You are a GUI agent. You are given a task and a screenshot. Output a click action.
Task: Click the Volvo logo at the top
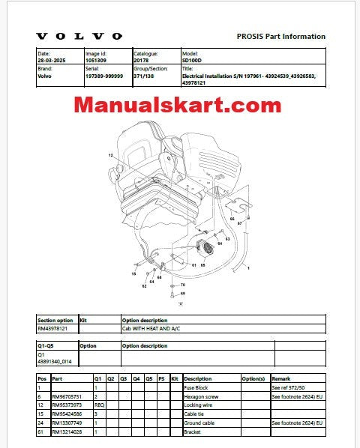79,36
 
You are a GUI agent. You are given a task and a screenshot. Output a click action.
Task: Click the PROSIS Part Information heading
280,36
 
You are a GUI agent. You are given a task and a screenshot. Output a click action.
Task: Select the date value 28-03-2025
51,60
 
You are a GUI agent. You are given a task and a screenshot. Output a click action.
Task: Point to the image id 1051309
97,60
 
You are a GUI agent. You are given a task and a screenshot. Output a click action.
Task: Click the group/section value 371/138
145,76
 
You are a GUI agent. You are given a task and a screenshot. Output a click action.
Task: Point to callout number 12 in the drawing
109,155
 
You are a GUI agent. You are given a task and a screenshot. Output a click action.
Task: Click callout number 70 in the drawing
182,285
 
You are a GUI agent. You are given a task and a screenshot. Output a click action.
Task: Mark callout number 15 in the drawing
134,274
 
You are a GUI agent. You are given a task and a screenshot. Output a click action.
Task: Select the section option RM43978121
52,328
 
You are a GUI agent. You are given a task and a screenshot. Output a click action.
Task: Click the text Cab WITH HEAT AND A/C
153,328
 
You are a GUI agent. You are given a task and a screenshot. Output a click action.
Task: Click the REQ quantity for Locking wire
97,404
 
